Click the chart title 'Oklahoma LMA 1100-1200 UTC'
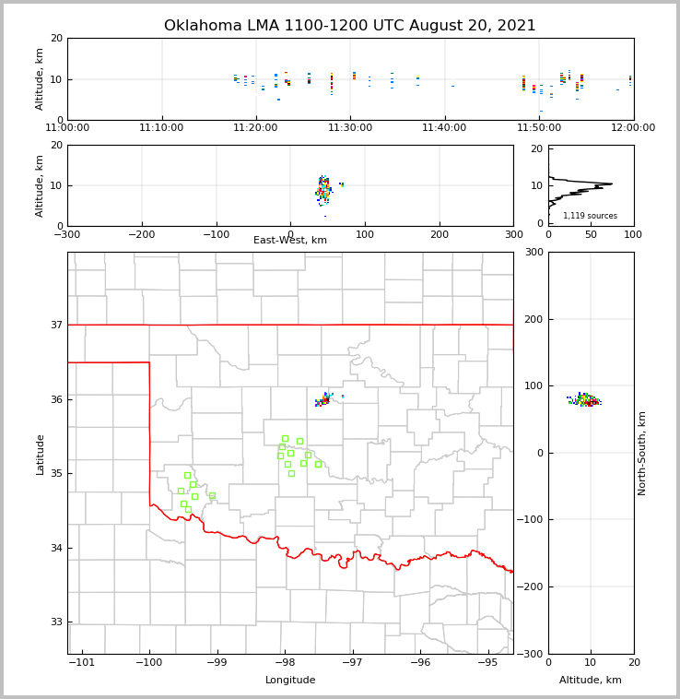click(349, 26)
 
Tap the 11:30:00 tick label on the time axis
click(351, 128)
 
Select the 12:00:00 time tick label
click(633, 128)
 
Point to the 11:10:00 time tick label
click(162, 128)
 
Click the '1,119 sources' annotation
click(590, 216)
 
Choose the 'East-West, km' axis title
click(290, 241)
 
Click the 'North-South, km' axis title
click(642, 453)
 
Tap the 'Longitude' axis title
click(290, 681)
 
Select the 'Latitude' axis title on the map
click(41, 454)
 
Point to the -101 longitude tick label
click(82, 662)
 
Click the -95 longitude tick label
click(487, 662)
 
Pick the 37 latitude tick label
click(57, 326)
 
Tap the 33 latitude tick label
click(57, 622)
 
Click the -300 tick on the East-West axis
click(67, 234)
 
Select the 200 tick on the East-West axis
click(440, 234)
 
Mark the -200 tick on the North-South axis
click(533, 586)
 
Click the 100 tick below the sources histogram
click(633, 234)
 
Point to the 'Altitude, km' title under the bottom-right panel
click(591, 681)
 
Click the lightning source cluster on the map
click(324, 399)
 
